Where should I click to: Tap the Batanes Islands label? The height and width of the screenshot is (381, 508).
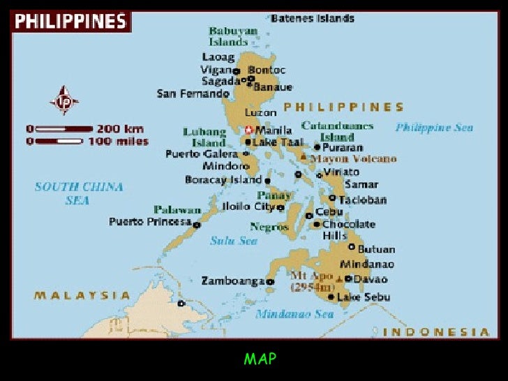click(x=313, y=18)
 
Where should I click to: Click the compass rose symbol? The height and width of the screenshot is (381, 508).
click(x=63, y=100)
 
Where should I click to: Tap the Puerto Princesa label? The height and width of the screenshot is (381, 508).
click(x=150, y=222)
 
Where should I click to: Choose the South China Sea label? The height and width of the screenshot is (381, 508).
click(x=79, y=193)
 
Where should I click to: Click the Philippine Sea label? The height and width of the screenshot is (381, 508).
click(x=434, y=127)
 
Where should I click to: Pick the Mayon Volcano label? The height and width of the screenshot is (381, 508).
click(x=353, y=159)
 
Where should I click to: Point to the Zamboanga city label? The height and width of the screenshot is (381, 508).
click(x=233, y=281)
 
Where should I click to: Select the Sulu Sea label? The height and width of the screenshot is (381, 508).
click(x=234, y=241)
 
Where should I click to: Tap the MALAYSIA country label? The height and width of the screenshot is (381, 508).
click(x=82, y=295)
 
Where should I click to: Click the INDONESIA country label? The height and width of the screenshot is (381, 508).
click(x=436, y=331)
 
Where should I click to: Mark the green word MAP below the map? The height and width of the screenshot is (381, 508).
click(x=260, y=359)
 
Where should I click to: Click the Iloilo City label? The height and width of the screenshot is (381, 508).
click(x=247, y=207)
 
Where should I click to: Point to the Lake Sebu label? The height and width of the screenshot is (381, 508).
click(x=364, y=297)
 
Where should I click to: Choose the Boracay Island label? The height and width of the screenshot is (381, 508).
click(x=223, y=179)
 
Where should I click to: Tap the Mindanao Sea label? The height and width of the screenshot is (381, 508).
click(x=294, y=314)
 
